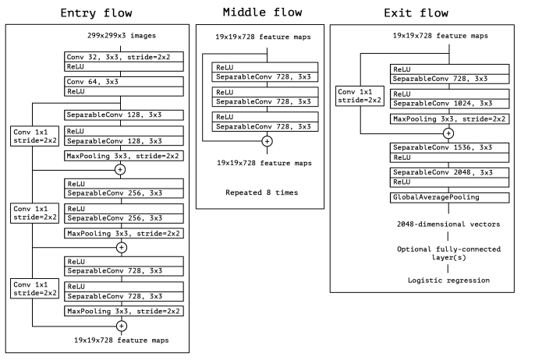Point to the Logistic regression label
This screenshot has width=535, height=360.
click(448, 279)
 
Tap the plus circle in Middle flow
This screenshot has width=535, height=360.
click(267, 141)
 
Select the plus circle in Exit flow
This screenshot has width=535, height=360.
click(448, 132)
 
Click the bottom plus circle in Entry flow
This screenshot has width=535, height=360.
click(120, 325)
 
